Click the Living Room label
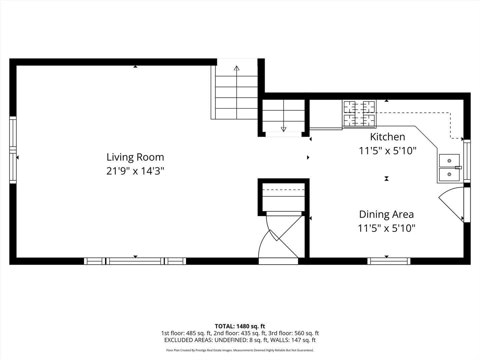135,157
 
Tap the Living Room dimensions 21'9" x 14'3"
135,171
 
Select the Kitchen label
388,137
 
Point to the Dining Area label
386,214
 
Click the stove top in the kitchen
359,113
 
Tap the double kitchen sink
449,168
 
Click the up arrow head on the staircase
237,68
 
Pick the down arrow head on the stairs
283,129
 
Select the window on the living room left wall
13,150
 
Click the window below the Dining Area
389,261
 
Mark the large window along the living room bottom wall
135,261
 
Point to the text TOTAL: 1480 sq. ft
240,326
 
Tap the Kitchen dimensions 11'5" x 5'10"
388,151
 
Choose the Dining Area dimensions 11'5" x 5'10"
386,228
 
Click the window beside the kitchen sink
467,161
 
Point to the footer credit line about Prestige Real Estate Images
240,350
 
